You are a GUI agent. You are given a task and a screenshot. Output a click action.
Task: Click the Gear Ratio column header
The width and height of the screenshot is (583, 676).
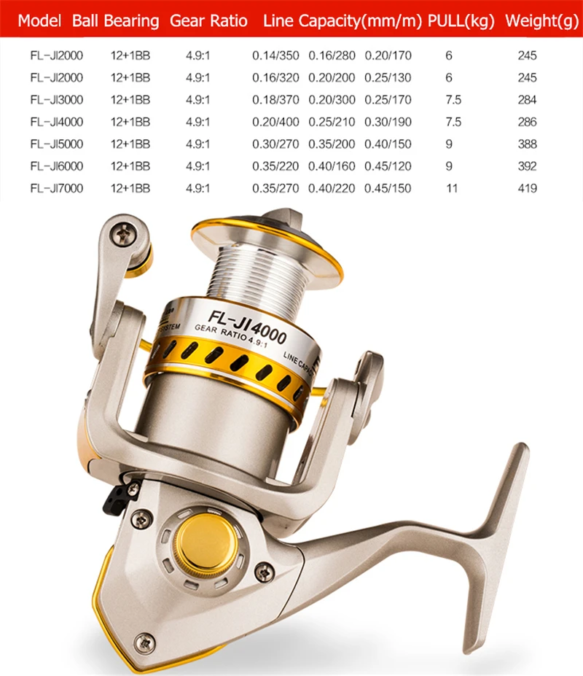pos(208,20)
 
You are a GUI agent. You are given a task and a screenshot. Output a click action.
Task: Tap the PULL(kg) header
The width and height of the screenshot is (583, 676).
pos(461,20)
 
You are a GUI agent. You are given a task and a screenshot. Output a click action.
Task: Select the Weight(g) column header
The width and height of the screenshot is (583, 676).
pos(542,20)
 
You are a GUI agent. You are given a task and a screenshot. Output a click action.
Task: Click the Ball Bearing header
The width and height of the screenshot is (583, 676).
pos(115,20)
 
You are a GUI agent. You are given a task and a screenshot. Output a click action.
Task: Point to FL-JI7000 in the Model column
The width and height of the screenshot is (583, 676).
pos(56,188)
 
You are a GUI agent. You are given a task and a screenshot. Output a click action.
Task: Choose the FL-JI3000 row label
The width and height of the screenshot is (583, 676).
pos(56,100)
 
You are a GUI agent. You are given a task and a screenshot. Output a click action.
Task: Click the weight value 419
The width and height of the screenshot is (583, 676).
pos(528,188)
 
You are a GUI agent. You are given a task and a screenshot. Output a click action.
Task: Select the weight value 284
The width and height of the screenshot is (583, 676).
pos(528,100)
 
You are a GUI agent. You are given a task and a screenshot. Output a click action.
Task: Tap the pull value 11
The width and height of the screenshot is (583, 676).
pos(452,188)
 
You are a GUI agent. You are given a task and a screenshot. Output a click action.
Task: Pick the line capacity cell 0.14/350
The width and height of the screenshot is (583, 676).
pos(275,55)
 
